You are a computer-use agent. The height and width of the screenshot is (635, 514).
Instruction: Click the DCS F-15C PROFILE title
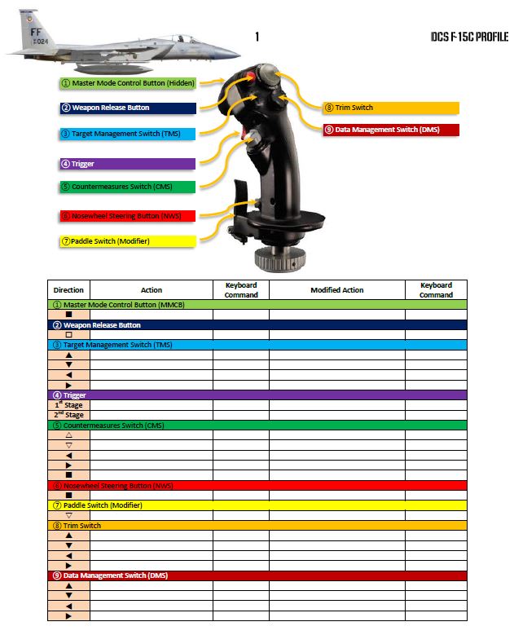(x=470, y=37)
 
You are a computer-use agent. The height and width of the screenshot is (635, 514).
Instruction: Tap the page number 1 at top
(x=257, y=37)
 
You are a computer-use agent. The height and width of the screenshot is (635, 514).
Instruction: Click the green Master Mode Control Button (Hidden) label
(x=127, y=83)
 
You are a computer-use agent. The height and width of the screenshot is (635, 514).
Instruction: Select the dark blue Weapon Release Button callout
(x=127, y=108)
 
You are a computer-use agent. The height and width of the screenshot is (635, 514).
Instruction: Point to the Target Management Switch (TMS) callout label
(x=127, y=134)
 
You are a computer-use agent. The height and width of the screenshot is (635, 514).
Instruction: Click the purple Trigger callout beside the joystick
(x=127, y=164)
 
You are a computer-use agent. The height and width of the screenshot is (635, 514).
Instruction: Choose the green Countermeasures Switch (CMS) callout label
(x=127, y=187)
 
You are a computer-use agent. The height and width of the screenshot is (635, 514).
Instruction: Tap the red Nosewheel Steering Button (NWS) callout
(x=127, y=216)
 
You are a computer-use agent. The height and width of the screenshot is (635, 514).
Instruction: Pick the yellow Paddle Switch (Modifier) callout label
(x=127, y=241)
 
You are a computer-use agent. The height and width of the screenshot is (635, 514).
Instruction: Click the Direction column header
(x=68, y=290)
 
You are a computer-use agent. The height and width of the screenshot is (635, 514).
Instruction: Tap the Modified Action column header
(x=336, y=290)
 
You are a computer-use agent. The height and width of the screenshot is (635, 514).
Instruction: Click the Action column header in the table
(x=152, y=290)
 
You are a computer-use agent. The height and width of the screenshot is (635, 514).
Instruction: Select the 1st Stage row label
(x=68, y=405)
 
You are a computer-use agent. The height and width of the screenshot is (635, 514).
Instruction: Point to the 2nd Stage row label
(x=68, y=415)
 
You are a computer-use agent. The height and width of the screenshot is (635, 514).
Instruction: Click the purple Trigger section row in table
(x=257, y=395)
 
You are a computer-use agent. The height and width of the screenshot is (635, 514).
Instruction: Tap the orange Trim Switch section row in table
(x=257, y=526)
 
